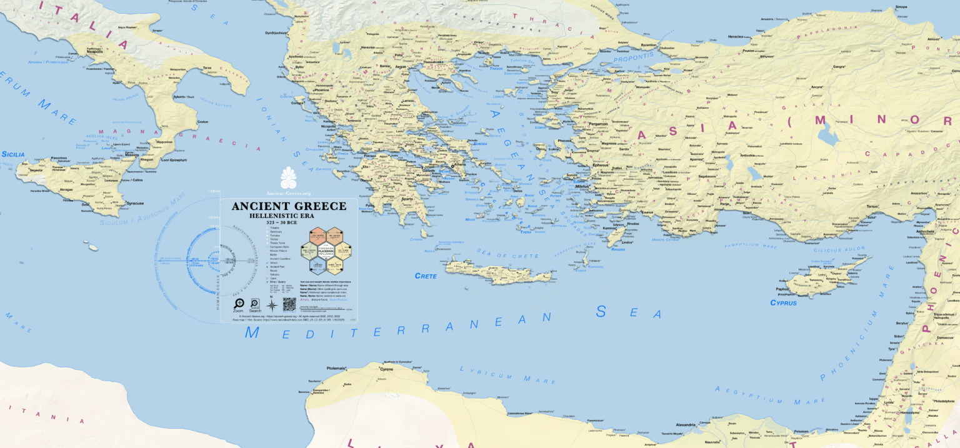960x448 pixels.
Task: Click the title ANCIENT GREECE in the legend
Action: pyautogui.click(x=289, y=206)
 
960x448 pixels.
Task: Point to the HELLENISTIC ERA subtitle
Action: pyautogui.click(x=289, y=216)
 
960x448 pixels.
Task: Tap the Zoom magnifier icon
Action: pyautogui.click(x=239, y=304)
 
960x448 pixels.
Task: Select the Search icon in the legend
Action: pyautogui.click(x=255, y=304)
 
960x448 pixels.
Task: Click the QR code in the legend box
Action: pyautogui.click(x=289, y=305)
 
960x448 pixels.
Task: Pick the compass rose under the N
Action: pyautogui.click(x=272, y=306)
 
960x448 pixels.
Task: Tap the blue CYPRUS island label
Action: pyautogui.click(x=783, y=303)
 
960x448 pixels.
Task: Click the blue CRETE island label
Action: pyautogui.click(x=426, y=276)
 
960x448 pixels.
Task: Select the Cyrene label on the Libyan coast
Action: pyautogui.click(x=387, y=369)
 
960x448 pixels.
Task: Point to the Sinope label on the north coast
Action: pyautogui.click(x=901, y=7)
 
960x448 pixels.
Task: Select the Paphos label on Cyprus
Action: pyautogui.click(x=782, y=289)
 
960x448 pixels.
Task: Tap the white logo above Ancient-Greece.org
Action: pyautogui.click(x=289, y=177)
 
